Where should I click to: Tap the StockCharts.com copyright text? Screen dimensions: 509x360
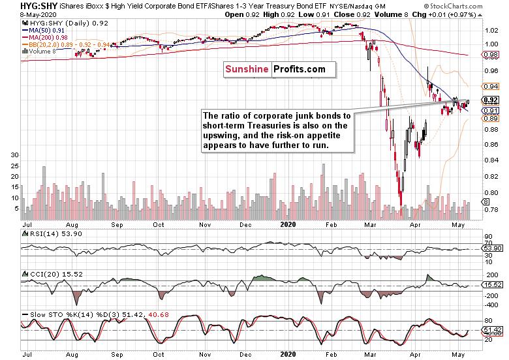(x=453, y=6)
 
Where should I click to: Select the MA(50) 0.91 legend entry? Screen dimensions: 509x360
(x=44, y=31)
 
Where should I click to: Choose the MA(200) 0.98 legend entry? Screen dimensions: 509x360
(x=45, y=38)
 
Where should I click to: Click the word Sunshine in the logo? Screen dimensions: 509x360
(x=247, y=69)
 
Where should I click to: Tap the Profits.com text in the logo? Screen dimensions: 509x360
(x=300, y=69)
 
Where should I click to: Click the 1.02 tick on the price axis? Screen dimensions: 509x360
(x=491, y=31)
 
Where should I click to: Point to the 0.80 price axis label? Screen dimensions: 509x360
(x=491, y=192)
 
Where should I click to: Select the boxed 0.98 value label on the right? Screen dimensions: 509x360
(x=491, y=55)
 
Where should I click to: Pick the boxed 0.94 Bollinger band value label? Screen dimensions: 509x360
(x=491, y=86)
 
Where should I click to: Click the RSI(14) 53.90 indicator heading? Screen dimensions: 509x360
(x=52, y=234)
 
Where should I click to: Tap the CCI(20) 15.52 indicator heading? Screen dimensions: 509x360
(x=52, y=274)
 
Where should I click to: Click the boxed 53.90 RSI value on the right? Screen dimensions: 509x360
(x=493, y=248)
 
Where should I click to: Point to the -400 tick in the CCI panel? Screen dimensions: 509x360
(x=491, y=305)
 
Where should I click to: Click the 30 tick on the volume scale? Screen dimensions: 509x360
(x=15, y=155)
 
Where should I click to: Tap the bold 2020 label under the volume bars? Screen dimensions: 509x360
(x=288, y=224)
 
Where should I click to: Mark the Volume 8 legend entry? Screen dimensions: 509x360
(x=39, y=52)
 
